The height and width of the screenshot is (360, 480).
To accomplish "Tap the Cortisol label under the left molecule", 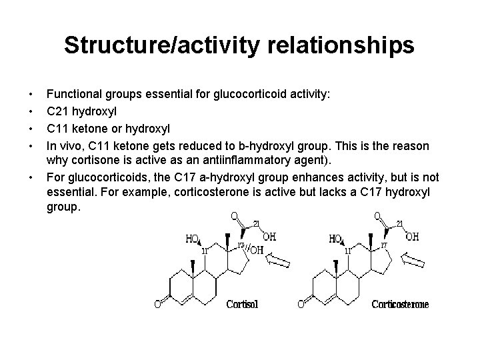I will pyautogui.click(x=242, y=305).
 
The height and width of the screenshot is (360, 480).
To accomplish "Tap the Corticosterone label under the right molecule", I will pyautogui.click(x=400, y=305).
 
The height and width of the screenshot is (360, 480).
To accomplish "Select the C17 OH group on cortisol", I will pyautogui.click(x=257, y=250).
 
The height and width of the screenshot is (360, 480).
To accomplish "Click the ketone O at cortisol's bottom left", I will pyautogui.click(x=158, y=305).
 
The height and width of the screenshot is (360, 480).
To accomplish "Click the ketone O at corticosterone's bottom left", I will pyautogui.click(x=301, y=305).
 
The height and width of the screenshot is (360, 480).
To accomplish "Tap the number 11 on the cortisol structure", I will pyautogui.click(x=206, y=251).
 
